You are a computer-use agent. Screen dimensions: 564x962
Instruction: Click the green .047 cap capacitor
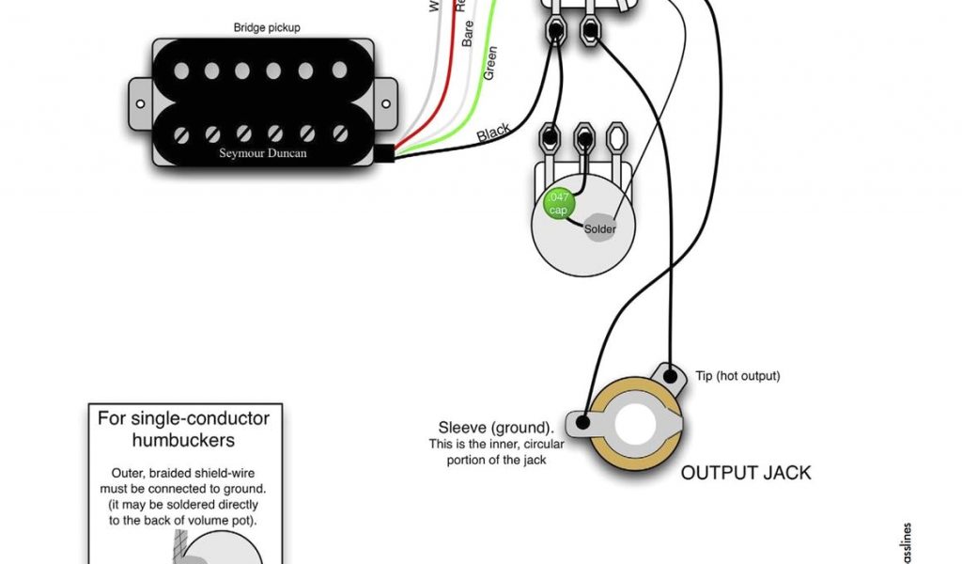(x=558, y=202)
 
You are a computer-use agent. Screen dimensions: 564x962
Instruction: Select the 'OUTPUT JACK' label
(x=746, y=472)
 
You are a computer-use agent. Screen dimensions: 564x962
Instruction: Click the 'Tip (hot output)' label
(x=737, y=376)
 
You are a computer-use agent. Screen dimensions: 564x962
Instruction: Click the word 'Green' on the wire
(x=489, y=62)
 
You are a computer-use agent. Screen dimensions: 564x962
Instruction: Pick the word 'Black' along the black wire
(x=493, y=133)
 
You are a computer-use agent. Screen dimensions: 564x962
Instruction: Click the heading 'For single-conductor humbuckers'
(x=183, y=429)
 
